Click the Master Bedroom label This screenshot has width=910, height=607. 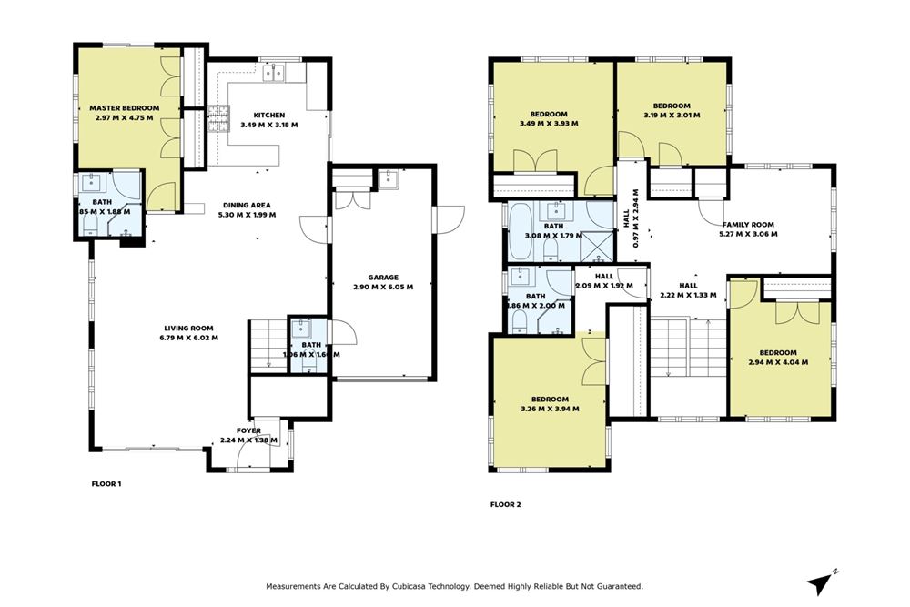click(x=126, y=108)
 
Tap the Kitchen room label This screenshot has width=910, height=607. click(x=268, y=115)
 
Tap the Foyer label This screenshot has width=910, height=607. click(x=248, y=430)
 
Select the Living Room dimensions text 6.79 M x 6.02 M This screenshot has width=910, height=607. click(x=189, y=338)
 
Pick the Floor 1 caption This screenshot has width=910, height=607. click(x=106, y=484)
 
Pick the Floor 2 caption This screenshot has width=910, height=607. click(x=505, y=503)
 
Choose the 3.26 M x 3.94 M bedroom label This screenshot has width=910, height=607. click(x=550, y=400)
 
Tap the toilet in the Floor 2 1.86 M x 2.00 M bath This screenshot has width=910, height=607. click(x=517, y=320)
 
